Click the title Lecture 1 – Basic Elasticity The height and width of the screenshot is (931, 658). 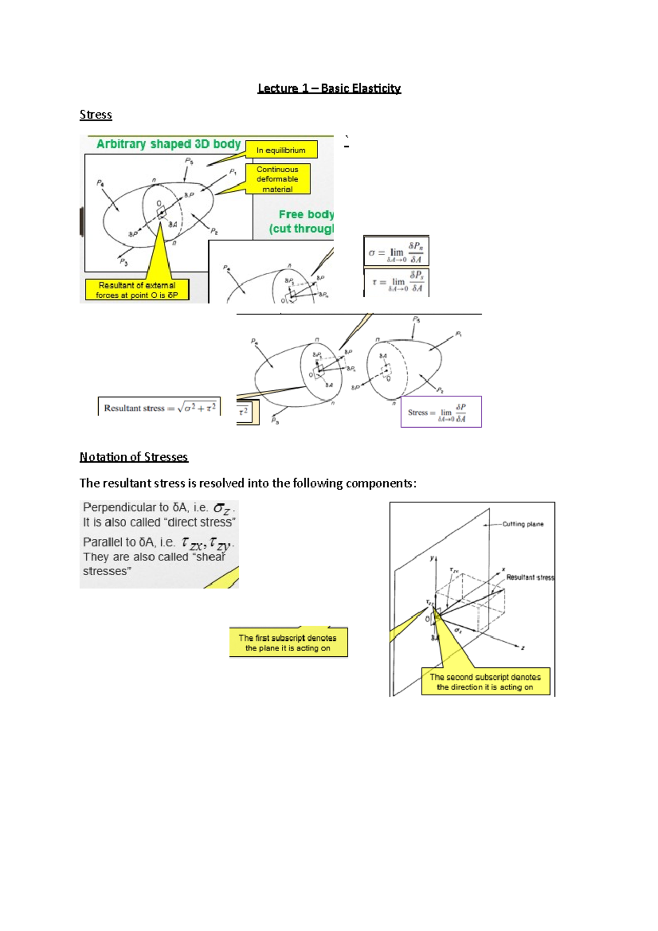(329, 88)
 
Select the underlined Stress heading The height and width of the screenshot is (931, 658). (95, 115)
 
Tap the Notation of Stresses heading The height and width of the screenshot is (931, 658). (134, 457)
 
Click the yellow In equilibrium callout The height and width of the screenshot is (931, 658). (281, 150)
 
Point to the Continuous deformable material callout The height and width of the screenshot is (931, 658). (277, 179)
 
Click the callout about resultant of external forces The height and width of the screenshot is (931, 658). (137, 290)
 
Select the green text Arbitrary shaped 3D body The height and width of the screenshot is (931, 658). (168, 144)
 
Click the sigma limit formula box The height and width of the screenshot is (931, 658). (396, 252)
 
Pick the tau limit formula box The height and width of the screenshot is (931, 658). (396, 282)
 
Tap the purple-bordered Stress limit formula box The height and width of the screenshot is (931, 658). (441, 412)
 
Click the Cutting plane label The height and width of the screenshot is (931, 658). (523, 524)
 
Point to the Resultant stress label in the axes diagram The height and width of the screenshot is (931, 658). (530, 577)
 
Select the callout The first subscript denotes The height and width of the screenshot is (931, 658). (288, 643)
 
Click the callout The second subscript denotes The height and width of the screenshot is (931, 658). (485, 682)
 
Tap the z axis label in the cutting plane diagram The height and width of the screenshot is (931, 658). (523, 648)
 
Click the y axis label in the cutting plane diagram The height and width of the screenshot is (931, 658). (432, 558)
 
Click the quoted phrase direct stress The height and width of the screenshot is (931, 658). (200, 523)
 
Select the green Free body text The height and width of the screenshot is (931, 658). (305, 214)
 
